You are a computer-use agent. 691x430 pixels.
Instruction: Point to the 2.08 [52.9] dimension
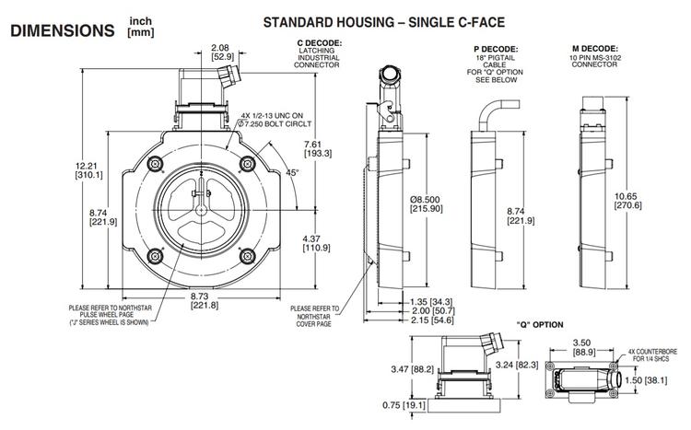(x=220, y=52)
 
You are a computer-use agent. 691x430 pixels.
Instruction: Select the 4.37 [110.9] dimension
(x=318, y=242)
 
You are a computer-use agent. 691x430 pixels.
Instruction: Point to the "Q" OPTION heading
(x=540, y=324)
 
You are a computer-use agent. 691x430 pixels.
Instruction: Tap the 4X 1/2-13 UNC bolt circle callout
(x=274, y=120)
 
